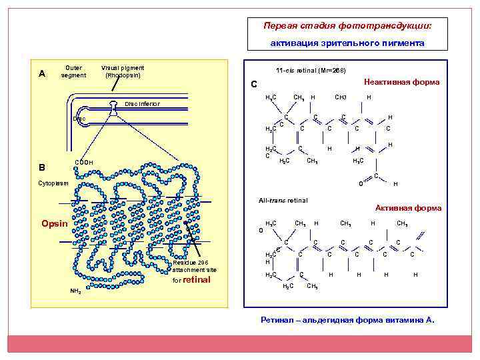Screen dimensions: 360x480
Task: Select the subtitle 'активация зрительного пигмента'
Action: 347,43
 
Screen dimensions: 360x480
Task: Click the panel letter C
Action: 253,84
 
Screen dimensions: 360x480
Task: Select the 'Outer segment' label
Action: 73,71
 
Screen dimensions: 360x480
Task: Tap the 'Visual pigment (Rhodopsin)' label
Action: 123,71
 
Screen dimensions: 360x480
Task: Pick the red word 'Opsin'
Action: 55,223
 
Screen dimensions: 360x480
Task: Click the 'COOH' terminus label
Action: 84,162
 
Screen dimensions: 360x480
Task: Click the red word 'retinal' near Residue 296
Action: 197,279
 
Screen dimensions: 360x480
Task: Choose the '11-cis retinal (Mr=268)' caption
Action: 310,71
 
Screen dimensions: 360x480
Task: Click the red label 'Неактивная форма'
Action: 401,82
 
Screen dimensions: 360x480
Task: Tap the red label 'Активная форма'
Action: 408,208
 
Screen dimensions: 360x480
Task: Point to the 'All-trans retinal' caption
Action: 283,200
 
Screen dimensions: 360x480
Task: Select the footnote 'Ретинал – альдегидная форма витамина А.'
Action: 347,320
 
